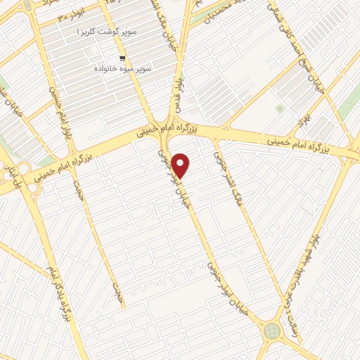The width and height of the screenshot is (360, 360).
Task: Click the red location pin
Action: pyautogui.click(x=181, y=165)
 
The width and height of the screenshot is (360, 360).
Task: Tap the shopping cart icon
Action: pyautogui.click(x=123, y=58)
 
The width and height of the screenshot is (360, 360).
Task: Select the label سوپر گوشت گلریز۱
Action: pyautogui.click(x=108, y=32)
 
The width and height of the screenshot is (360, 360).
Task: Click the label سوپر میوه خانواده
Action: pyautogui.click(x=117, y=70)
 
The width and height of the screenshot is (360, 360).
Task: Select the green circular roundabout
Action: pyautogui.click(x=271, y=330)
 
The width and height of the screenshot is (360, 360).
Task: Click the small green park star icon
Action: pyautogui.click(x=280, y=109)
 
